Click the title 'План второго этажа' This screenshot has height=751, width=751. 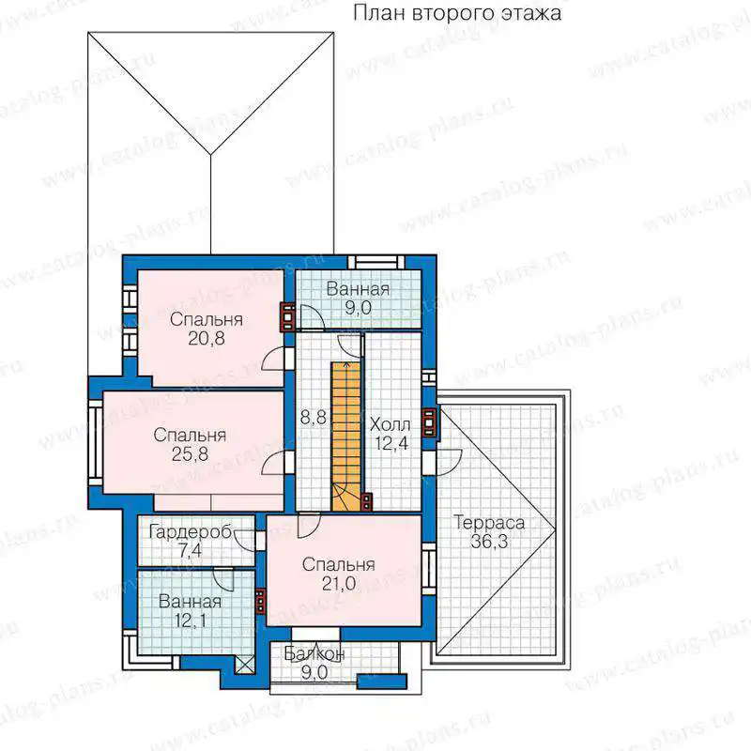pyautogui.click(x=457, y=13)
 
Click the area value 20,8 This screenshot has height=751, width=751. pyautogui.click(x=206, y=339)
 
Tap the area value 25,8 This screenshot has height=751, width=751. pyautogui.click(x=190, y=453)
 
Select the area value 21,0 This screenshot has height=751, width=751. pyautogui.click(x=338, y=583)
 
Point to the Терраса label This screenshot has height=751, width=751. pyautogui.click(x=489, y=523)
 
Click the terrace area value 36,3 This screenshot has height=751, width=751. pyautogui.click(x=489, y=542)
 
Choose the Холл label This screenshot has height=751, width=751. pyautogui.click(x=391, y=424)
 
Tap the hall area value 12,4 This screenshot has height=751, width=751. pyautogui.click(x=391, y=443)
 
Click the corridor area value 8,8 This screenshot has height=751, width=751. pyautogui.click(x=314, y=418)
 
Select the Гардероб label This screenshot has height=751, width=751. pyautogui.click(x=191, y=531)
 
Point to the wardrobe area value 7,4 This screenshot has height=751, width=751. pyautogui.click(x=191, y=551)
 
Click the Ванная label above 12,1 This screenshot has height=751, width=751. pyautogui.click(x=190, y=602)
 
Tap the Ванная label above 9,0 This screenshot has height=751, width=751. pyautogui.click(x=358, y=289)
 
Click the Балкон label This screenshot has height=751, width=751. pyautogui.click(x=314, y=653)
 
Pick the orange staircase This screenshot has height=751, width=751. pyautogui.click(x=345, y=436)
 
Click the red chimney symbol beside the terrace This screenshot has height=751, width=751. pyautogui.click(x=429, y=422)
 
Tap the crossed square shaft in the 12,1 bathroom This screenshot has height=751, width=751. pyautogui.click(x=244, y=665)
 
